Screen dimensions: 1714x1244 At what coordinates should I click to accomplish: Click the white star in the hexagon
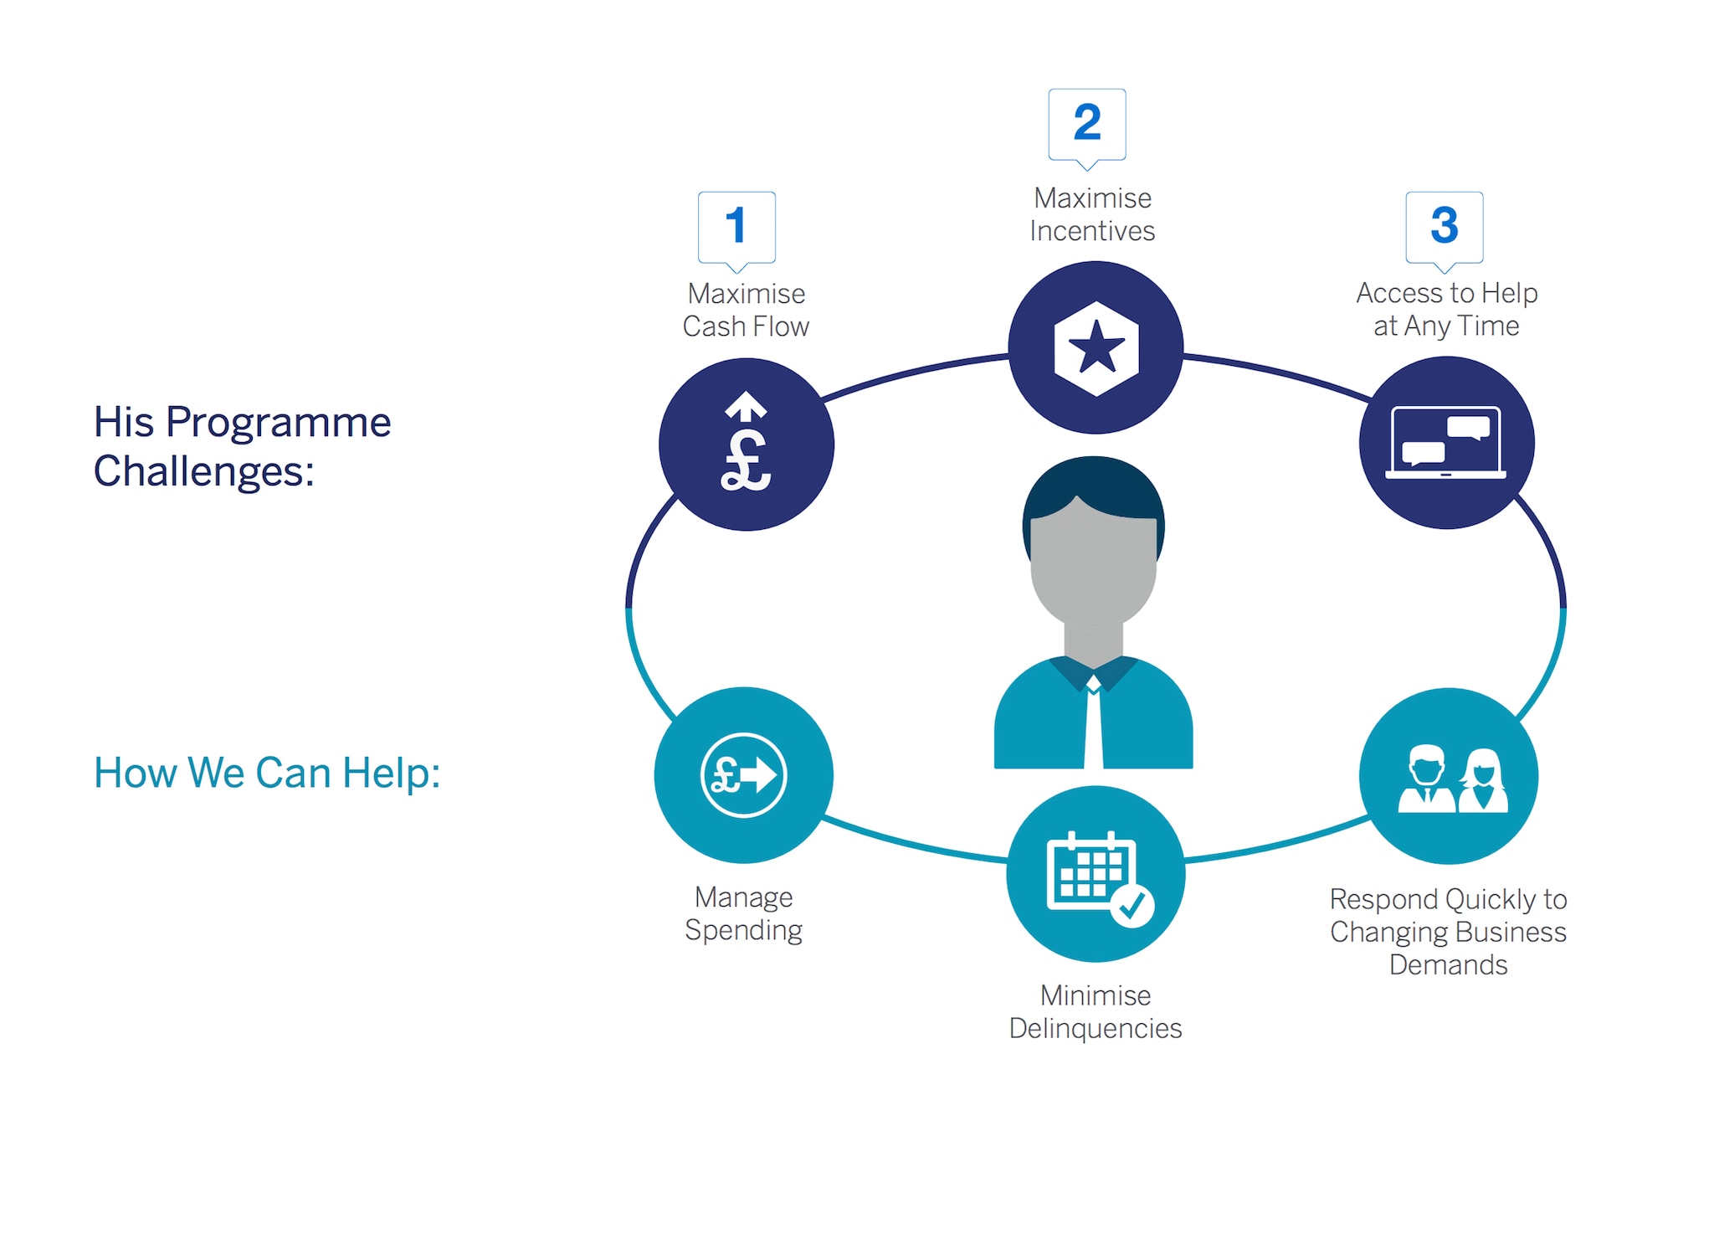pyautogui.click(x=1096, y=347)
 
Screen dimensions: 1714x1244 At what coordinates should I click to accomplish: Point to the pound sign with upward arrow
pyautogui.click(x=746, y=441)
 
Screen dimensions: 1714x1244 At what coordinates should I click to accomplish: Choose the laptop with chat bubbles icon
pyautogui.click(x=1446, y=443)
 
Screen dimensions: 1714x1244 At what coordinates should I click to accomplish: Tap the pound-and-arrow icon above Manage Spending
pyautogui.click(x=743, y=774)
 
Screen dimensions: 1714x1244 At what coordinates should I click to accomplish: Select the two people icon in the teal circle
pyautogui.click(x=1452, y=779)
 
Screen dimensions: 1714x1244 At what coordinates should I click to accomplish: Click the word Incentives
pyautogui.click(x=1092, y=231)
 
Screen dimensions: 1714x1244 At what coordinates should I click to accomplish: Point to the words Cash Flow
pyautogui.click(x=746, y=326)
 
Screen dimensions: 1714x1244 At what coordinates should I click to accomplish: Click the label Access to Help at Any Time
pyautogui.click(x=1446, y=309)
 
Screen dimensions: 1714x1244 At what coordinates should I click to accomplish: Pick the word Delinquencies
pyautogui.click(x=1095, y=1029)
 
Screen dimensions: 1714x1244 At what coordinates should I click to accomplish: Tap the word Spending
pyautogui.click(x=743, y=931)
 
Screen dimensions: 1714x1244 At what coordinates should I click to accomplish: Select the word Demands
pyautogui.click(x=1448, y=965)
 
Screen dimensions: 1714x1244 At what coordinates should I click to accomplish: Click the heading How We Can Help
pyautogui.click(x=267, y=773)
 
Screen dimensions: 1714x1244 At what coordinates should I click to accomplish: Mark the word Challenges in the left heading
pyautogui.click(x=203, y=471)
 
